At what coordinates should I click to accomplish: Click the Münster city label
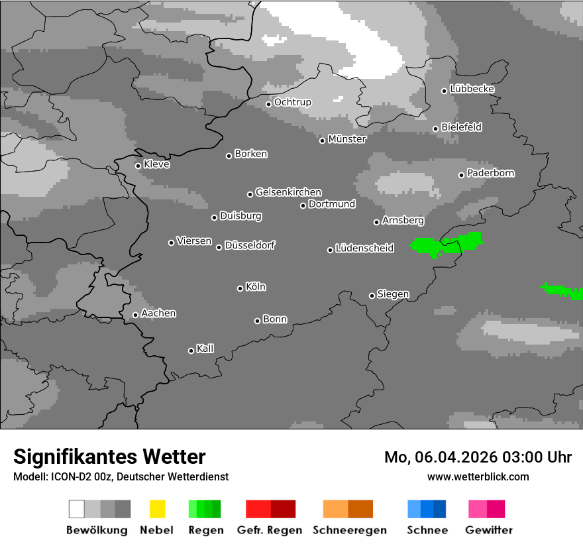pyautogui.click(x=347, y=139)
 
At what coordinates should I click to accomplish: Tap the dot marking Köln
pyautogui.click(x=240, y=288)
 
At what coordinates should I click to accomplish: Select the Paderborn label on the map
pyautogui.click(x=491, y=174)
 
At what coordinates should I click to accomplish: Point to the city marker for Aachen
pyautogui.click(x=135, y=315)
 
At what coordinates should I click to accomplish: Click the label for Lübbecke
pyautogui.click(x=472, y=89)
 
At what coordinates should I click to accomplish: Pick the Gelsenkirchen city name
pyautogui.click(x=288, y=192)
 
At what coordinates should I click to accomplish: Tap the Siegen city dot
pyautogui.click(x=372, y=296)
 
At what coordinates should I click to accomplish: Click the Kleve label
pyautogui.click(x=157, y=164)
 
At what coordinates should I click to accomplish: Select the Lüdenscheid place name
pyautogui.click(x=364, y=248)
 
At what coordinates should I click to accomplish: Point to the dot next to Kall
pyautogui.click(x=191, y=351)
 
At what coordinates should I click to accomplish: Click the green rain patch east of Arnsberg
pyautogui.click(x=444, y=245)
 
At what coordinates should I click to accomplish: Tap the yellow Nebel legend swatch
pyautogui.click(x=157, y=509)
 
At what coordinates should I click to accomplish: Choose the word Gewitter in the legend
pyautogui.click(x=489, y=530)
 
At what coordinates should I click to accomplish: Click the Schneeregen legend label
pyautogui.click(x=350, y=530)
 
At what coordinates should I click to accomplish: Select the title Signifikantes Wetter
pyautogui.click(x=109, y=457)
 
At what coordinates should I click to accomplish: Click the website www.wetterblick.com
pyautogui.click(x=478, y=476)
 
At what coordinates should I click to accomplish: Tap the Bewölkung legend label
pyautogui.click(x=97, y=530)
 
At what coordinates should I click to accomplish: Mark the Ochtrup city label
pyautogui.click(x=293, y=103)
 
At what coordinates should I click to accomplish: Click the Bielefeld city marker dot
pyautogui.click(x=435, y=129)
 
